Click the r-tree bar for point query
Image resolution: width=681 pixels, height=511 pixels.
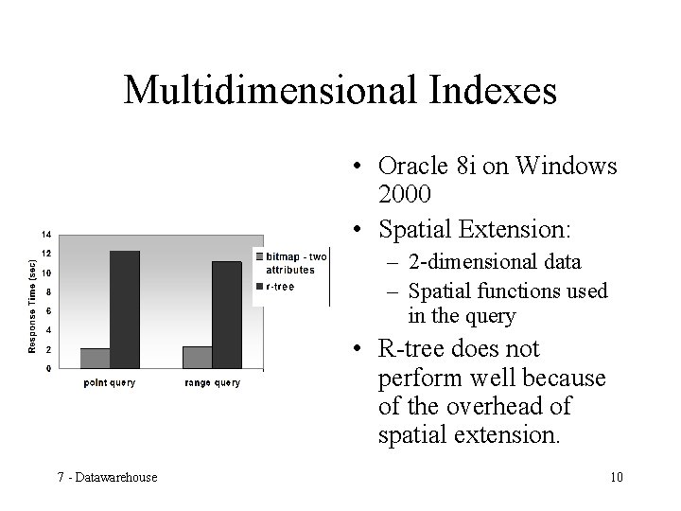(124, 308)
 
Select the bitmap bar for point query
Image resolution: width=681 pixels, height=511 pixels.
(95, 358)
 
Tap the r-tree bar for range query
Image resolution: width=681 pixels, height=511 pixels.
(226, 314)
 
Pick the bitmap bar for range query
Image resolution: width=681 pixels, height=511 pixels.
(197, 357)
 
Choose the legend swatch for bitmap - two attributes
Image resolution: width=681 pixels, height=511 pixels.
(259, 255)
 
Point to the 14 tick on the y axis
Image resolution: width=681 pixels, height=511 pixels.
(45, 235)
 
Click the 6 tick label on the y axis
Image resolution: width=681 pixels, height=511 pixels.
(47, 311)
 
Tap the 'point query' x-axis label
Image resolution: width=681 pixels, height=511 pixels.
(110, 383)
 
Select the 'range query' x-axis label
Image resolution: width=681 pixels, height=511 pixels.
(212, 383)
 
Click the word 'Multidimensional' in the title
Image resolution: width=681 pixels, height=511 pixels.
(269, 90)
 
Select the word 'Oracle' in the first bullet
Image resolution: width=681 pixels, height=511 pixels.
(413, 167)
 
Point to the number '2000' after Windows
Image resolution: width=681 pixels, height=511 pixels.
(405, 194)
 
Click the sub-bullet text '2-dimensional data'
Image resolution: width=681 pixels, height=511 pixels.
(494, 261)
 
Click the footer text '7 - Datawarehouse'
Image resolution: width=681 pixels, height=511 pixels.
(107, 476)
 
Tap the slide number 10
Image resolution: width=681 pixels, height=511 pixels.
(616, 476)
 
